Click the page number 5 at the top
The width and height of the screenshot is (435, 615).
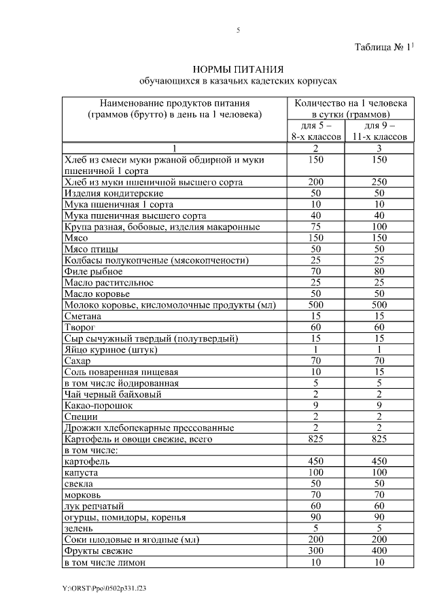point(238,31)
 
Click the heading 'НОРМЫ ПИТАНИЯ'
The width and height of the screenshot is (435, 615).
point(237,69)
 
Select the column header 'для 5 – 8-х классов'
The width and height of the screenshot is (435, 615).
point(315,131)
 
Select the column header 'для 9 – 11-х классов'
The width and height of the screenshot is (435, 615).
point(379,131)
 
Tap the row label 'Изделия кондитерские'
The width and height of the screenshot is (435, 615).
point(103,193)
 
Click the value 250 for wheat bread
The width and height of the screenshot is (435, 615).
point(379,182)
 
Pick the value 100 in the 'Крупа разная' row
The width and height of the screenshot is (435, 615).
point(379,226)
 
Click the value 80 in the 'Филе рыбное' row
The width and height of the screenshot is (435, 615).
point(379,271)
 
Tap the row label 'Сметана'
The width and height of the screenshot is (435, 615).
point(83,316)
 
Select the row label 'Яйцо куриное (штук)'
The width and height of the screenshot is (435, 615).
point(110,349)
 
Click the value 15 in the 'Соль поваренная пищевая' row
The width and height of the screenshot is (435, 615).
point(379,372)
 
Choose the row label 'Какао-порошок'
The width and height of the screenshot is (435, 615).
point(99,405)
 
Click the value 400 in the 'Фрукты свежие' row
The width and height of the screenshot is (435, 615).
point(379,550)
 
